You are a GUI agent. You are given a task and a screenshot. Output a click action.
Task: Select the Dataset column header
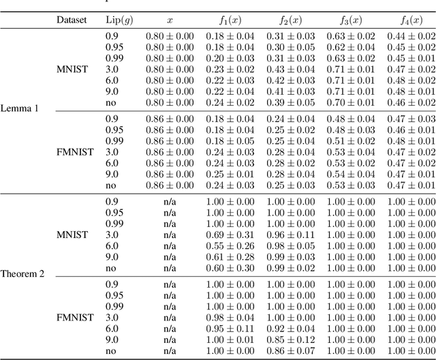tap(72, 20)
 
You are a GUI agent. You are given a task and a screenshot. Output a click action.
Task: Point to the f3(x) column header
tap(350, 20)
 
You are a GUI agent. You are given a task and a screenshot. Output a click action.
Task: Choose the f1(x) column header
tap(230, 20)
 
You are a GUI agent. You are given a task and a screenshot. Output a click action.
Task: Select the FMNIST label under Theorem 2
tap(72, 317)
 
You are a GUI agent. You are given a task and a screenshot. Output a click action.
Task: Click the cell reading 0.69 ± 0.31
tap(230, 235)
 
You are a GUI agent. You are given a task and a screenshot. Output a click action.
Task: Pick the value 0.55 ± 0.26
tap(230, 245)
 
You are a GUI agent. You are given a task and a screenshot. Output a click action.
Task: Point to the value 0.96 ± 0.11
tap(290, 235)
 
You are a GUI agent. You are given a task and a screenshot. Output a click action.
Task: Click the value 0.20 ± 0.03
tap(230, 59)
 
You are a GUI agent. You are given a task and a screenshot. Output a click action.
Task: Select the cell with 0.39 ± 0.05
tap(290, 102)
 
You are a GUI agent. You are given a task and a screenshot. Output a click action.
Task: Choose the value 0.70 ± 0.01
tap(350, 102)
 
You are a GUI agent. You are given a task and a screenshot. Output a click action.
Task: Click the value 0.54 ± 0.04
tap(350, 174)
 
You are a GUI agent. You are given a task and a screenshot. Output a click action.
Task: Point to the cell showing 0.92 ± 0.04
tap(290, 328)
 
